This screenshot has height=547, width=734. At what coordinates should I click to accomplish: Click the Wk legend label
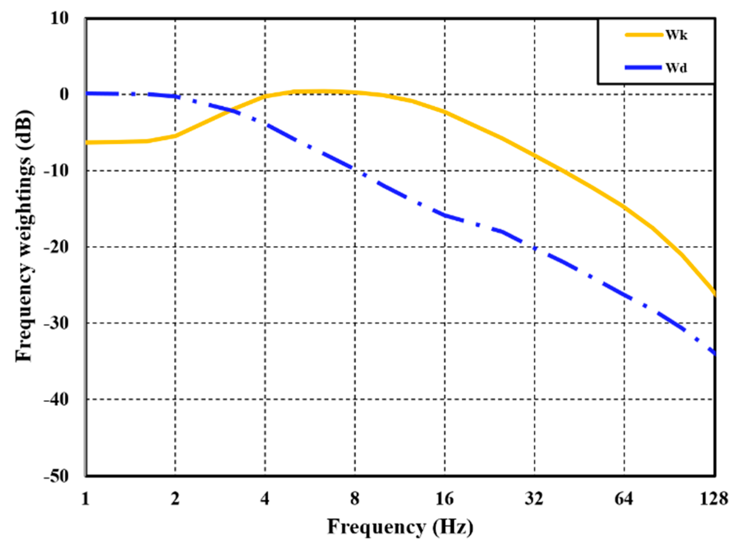(x=677, y=35)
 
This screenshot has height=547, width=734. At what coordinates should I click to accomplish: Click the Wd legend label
(x=677, y=68)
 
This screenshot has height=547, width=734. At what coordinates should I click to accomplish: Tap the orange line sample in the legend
(x=644, y=35)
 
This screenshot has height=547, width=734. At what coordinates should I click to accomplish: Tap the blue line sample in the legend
(x=644, y=68)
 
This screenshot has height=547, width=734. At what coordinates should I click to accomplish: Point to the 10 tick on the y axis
(x=60, y=18)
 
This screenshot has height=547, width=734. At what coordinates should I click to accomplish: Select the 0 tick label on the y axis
(x=65, y=94)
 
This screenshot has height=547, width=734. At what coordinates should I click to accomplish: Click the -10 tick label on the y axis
(x=56, y=171)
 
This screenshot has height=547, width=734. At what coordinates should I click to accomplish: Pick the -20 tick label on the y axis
(x=56, y=247)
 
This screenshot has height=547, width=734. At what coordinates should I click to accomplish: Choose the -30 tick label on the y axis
(x=56, y=323)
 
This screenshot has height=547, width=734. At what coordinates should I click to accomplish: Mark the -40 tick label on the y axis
(x=56, y=399)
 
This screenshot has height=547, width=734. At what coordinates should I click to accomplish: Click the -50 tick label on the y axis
(x=56, y=476)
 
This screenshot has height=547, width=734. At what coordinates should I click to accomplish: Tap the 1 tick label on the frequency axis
(x=86, y=499)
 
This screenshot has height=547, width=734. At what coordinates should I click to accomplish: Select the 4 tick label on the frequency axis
(x=265, y=499)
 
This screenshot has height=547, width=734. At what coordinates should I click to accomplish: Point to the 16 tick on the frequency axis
(x=445, y=499)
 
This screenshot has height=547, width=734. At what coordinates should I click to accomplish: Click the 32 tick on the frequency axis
(x=534, y=499)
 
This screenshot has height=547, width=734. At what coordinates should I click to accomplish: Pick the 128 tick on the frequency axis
(x=714, y=499)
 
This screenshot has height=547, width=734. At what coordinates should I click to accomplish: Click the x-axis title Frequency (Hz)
(x=400, y=527)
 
